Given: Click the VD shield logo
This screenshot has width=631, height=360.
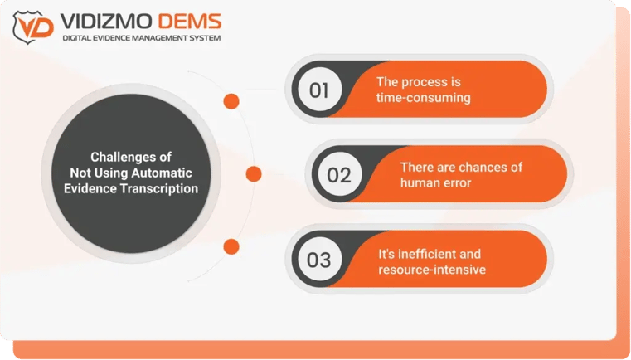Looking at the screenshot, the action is [x=33, y=27].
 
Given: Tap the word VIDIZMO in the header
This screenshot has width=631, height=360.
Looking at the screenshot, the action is [x=106, y=22].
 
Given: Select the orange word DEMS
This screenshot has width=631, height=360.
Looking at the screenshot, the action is [x=190, y=22].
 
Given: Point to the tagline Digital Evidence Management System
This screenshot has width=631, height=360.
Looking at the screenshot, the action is [x=142, y=38].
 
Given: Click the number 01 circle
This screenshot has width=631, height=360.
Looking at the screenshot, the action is [x=319, y=90].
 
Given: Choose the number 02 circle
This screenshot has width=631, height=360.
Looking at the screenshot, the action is [x=340, y=174].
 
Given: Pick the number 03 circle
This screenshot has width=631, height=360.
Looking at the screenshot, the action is [x=319, y=260].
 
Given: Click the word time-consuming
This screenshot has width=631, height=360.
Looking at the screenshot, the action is [x=424, y=98].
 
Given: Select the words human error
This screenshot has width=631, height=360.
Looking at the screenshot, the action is [x=435, y=182].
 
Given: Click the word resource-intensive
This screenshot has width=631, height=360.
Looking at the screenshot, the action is [x=432, y=270].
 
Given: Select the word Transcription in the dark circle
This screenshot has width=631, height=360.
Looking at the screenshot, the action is [x=159, y=188].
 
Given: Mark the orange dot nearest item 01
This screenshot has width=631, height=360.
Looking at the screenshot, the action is [x=231, y=101].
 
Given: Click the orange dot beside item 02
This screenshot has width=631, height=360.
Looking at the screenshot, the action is [x=254, y=174].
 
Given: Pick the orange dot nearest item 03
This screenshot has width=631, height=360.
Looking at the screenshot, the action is [x=231, y=247].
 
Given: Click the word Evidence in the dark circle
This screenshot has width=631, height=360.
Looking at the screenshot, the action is [x=90, y=188].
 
